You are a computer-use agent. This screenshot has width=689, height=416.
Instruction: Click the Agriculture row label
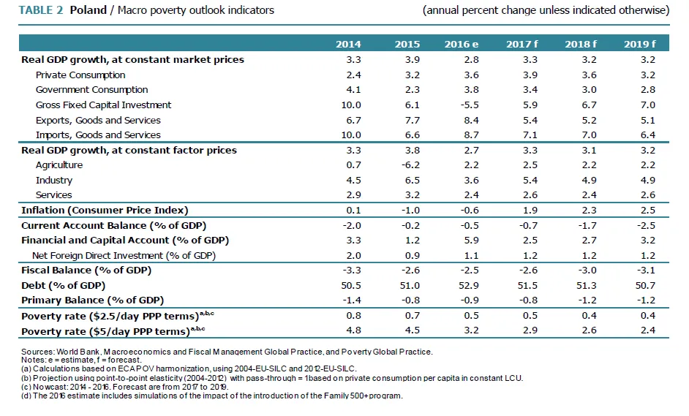coord(59,165)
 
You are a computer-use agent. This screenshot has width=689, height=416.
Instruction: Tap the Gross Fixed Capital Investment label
coord(103,105)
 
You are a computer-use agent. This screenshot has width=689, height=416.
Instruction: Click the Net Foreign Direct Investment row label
coord(124,255)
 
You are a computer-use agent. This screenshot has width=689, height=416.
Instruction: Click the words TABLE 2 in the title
coord(40,10)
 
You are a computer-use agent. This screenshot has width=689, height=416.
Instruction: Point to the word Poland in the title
coord(88,10)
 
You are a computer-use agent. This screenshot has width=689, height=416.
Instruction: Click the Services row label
coord(53,195)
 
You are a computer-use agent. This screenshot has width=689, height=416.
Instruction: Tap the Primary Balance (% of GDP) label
coord(92,300)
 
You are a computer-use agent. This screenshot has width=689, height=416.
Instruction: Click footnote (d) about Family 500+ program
coord(212,396)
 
